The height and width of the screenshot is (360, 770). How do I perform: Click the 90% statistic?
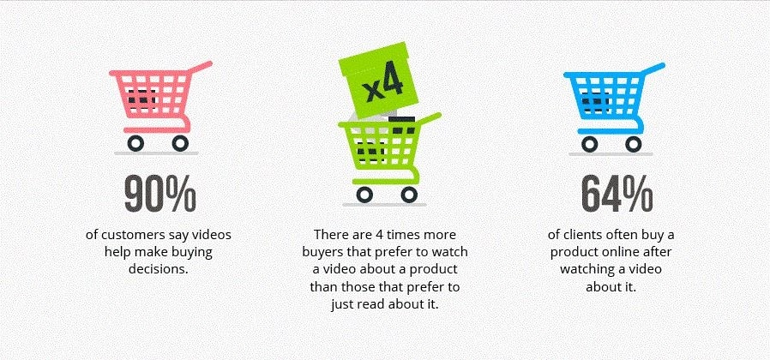(x=160, y=193)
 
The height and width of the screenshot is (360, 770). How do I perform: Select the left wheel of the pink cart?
(x=135, y=143)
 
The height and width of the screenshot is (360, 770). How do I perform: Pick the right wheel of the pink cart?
(x=180, y=143)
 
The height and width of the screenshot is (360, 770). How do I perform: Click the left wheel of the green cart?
(x=365, y=195)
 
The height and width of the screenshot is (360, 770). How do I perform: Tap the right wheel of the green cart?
(x=409, y=195)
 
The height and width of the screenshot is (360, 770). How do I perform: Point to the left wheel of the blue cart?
(x=590, y=143)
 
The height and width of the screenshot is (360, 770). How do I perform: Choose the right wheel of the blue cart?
(x=634, y=143)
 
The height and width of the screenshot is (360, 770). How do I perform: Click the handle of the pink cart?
(x=200, y=67)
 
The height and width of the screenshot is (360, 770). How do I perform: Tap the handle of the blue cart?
(x=653, y=69)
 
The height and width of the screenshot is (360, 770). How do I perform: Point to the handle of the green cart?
(x=429, y=118)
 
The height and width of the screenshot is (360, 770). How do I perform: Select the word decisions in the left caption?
(x=159, y=270)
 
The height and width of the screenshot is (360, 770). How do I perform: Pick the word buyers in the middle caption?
(x=320, y=253)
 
